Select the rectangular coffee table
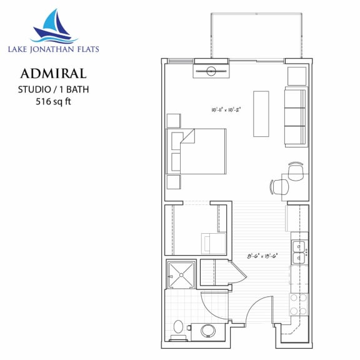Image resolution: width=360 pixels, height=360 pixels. tap(261, 114)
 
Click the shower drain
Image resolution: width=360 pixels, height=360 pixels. tap(182, 273)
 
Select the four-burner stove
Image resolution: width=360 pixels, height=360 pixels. tap(299, 303)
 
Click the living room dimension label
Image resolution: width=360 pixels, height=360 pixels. tap(227, 109)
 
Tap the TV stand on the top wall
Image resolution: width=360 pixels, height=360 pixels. tap(212, 71)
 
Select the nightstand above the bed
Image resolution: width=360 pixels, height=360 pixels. tap(173, 121)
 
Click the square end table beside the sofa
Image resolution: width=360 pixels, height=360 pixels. tap(296, 76)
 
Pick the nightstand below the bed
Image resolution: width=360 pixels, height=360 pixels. tap(173, 182)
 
